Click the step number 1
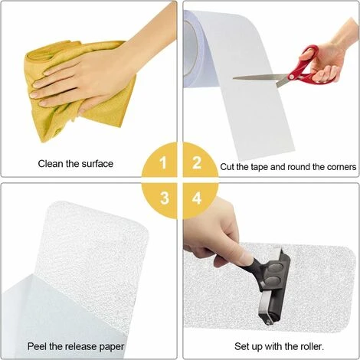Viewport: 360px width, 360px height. coord(163,162)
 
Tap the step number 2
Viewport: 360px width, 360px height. coord(197,162)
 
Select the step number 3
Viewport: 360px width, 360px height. coord(165,198)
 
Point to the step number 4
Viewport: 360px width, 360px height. coord(197,198)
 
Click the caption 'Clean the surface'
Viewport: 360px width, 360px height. coord(76,164)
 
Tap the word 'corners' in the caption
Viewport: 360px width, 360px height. coord(340,167)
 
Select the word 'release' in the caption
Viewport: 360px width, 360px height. coord(82,346)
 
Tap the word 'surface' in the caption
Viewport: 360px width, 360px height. coord(97,164)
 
